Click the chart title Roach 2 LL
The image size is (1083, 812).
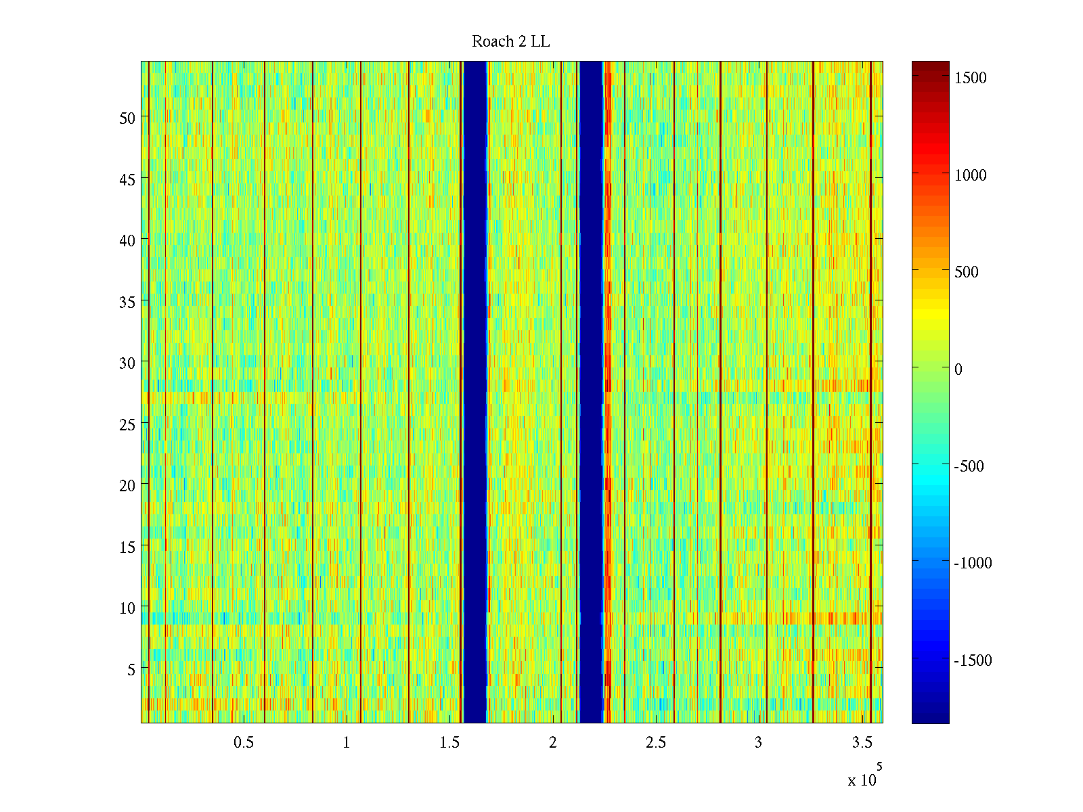click(x=510, y=42)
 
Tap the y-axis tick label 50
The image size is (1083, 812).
click(x=127, y=118)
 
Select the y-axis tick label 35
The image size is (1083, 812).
click(x=127, y=302)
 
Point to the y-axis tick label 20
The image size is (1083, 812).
click(x=127, y=485)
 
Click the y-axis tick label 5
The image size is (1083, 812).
click(x=131, y=669)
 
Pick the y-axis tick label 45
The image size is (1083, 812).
click(x=127, y=179)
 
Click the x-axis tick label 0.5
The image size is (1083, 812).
click(x=244, y=743)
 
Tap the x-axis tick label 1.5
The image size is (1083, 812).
click(x=449, y=743)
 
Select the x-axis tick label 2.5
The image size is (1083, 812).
click(x=655, y=743)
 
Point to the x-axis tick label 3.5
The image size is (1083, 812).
click(x=862, y=743)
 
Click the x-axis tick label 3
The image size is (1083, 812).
click(x=758, y=743)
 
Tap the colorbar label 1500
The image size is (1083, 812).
click(x=971, y=78)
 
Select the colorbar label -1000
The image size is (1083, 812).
click(x=973, y=563)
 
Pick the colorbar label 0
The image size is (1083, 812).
click(x=958, y=369)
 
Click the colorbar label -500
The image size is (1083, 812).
click(x=969, y=466)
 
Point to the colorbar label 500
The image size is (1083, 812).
click(x=967, y=272)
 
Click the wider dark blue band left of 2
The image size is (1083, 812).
click(x=475, y=392)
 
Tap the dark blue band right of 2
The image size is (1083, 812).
click(x=592, y=392)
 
